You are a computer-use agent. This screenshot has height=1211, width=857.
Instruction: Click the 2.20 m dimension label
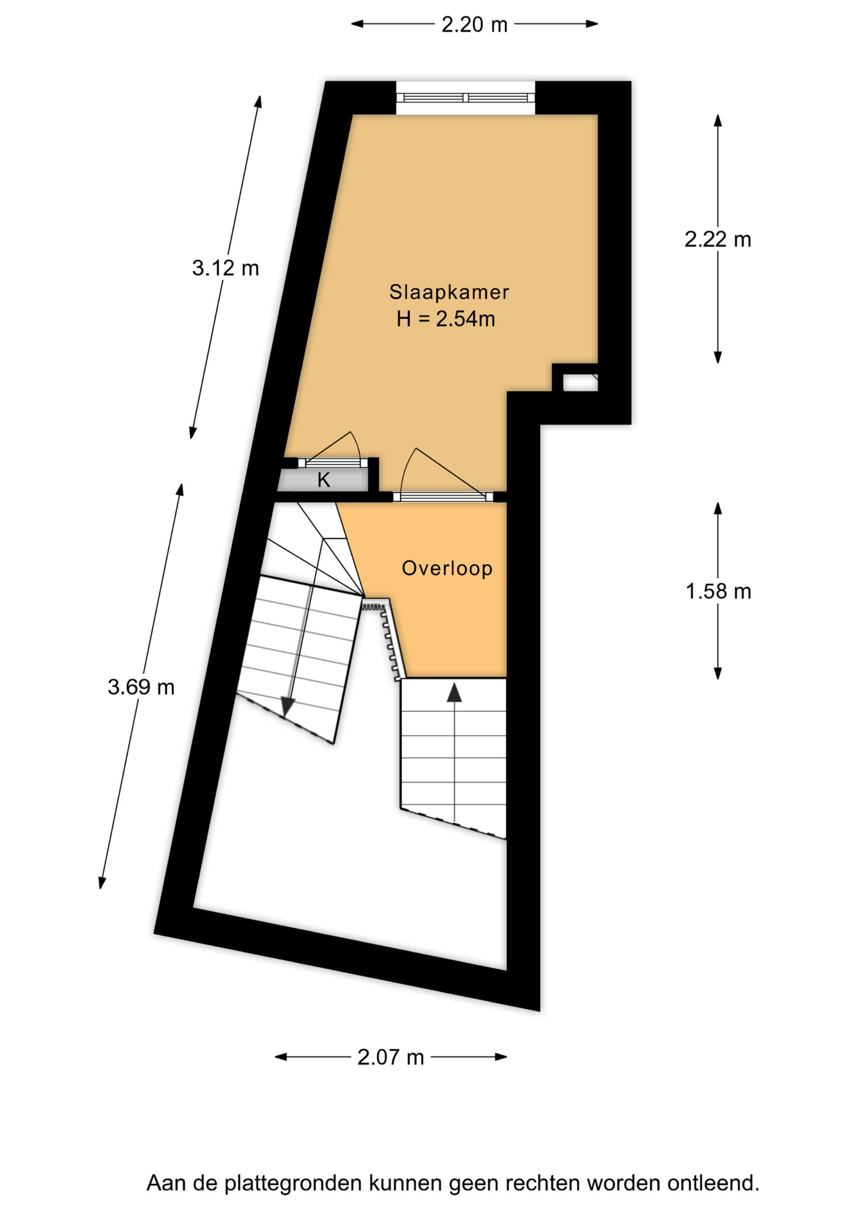(474, 25)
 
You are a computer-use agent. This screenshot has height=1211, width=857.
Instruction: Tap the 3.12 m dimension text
(225, 269)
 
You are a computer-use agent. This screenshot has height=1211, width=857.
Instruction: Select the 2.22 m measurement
(718, 240)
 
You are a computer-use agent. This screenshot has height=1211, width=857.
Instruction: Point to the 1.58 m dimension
(718, 592)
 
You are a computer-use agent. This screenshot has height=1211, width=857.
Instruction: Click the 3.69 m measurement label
(141, 687)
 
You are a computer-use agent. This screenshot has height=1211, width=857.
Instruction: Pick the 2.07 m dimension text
(391, 1057)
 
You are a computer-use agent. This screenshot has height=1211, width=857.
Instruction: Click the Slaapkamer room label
(449, 292)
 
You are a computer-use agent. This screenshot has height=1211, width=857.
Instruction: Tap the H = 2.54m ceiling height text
(446, 319)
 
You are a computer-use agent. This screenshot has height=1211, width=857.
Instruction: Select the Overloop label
(447, 568)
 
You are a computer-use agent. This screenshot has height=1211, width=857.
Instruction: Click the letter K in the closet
(324, 481)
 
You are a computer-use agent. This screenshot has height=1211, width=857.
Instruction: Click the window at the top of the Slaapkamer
(466, 98)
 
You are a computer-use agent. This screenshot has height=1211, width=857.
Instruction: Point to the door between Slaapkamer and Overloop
(443, 497)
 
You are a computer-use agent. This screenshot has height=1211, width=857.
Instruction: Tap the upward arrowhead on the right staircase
(454, 693)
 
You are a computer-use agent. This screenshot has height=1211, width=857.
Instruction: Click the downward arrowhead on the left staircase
(288, 707)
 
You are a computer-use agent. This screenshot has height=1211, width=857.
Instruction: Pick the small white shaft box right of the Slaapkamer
(580, 383)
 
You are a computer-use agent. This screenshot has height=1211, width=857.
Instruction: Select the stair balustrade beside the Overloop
(384, 640)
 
